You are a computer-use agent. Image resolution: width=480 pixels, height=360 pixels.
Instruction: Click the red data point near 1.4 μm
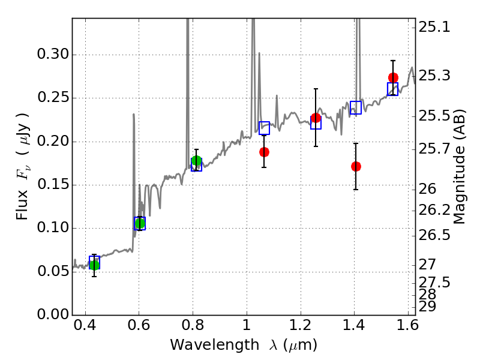(x=356, y=166)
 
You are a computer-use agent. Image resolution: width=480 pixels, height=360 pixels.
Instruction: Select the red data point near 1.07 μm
(x=264, y=152)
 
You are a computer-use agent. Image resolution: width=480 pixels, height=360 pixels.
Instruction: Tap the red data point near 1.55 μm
(x=393, y=77)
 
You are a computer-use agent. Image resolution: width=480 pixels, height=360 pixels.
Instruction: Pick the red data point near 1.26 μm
(x=316, y=118)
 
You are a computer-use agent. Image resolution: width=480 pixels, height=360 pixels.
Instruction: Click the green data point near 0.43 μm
(x=94, y=265)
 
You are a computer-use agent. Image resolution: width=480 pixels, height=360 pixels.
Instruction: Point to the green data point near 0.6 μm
(x=140, y=223)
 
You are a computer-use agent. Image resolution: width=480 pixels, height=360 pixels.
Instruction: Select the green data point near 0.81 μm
(x=196, y=161)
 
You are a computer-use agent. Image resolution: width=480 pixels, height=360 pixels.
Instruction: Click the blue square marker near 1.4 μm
(x=356, y=108)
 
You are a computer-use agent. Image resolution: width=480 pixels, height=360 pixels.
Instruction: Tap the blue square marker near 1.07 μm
(x=264, y=128)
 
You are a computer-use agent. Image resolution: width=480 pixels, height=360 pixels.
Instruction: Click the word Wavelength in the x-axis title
(x=205, y=345)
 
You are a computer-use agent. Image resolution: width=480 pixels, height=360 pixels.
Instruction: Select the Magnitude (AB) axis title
(x=460, y=170)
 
